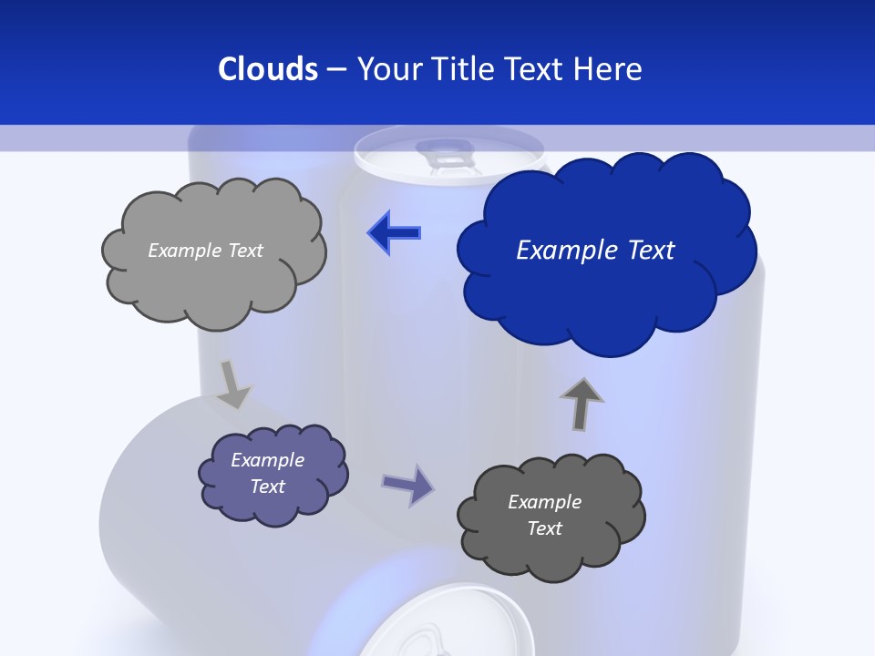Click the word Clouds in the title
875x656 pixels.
[267, 69]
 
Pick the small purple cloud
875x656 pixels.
[273, 474]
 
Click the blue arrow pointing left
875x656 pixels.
[394, 232]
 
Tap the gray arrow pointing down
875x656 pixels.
[233, 383]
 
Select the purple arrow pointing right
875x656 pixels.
[407, 484]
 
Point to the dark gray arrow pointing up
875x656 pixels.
[582, 404]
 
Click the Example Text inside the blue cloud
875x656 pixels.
[595, 251]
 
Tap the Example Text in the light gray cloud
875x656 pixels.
[205, 251]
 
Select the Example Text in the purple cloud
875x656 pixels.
[267, 473]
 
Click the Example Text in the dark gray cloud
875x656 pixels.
[544, 515]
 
